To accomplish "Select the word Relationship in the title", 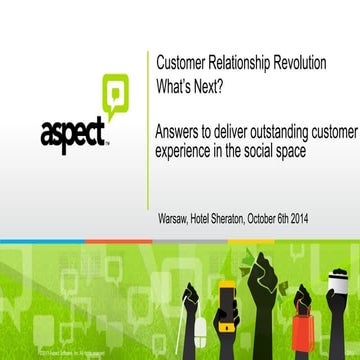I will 246,63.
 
